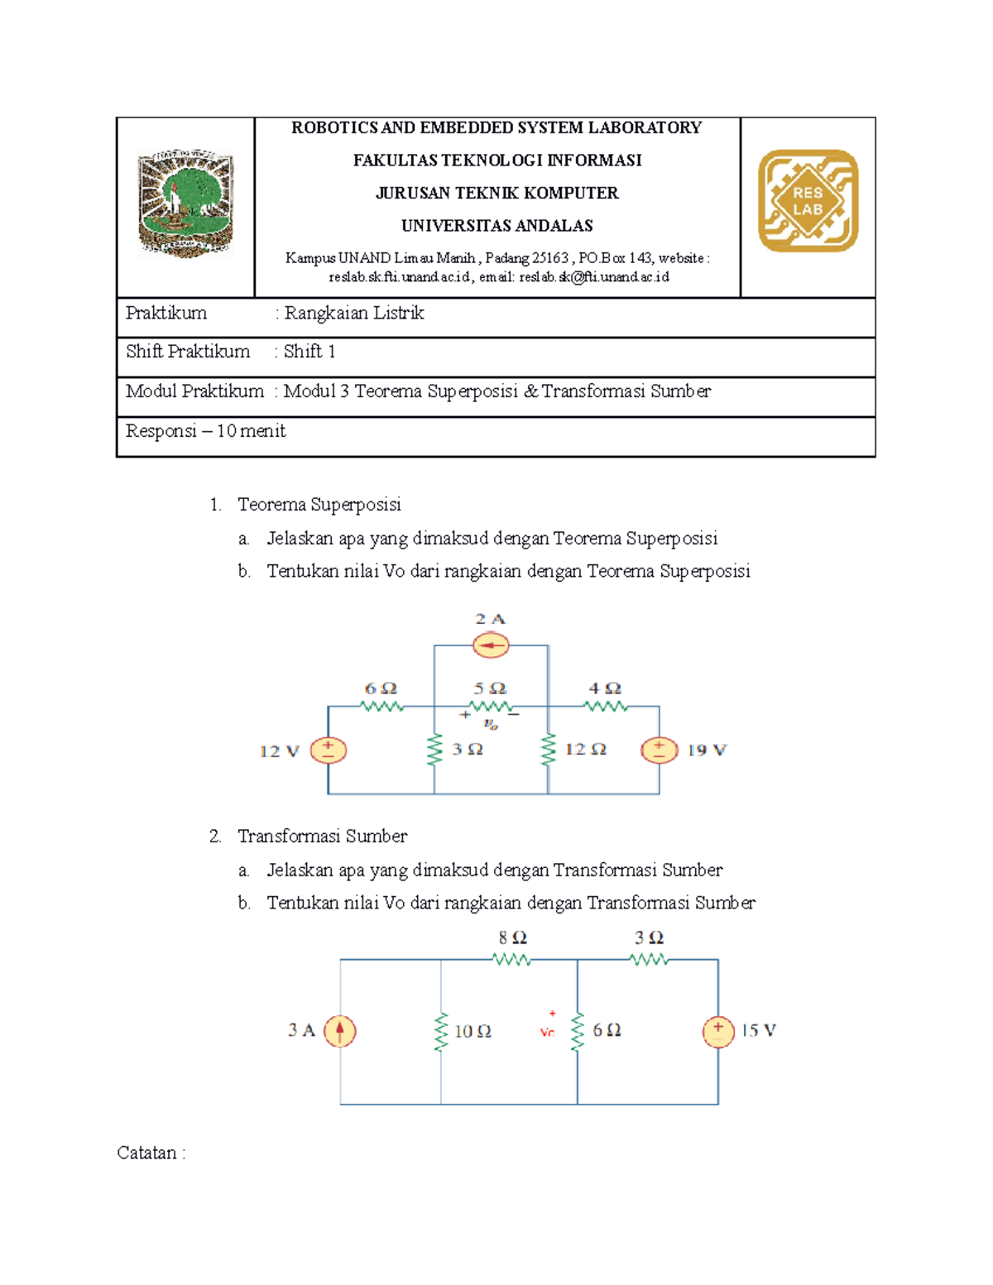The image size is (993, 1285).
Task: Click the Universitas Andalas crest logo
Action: pyautogui.click(x=186, y=204)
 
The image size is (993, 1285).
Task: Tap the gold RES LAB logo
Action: pyautogui.click(x=808, y=201)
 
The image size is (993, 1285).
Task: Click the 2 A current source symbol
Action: pyautogui.click(x=491, y=645)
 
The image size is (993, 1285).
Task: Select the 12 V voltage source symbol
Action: pyautogui.click(x=329, y=750)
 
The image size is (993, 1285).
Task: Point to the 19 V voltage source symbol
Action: pyautogui.click(x=660, y=750)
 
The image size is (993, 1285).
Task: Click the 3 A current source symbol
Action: pyautogui.click(x=340, y=1031)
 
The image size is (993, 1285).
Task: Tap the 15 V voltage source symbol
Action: pyautogui.click(x=718, y=1031)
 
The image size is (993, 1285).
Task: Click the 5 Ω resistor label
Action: pyautogui.click(x=490, y=688)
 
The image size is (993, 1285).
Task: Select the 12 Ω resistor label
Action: pyautogui.click(x=586, y=750)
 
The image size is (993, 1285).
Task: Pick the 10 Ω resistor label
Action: pyautogui.click(x=473, y=1032)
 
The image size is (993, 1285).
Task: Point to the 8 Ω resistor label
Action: pyautogui.click(x=512, y=938)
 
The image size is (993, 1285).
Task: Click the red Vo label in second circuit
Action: pyautogui.click(x=547, y=1033)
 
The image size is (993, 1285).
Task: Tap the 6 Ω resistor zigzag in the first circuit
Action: pyautogui.click(x=381, y=707)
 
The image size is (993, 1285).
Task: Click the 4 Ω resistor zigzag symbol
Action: pyautogui.click(x=606, y=707)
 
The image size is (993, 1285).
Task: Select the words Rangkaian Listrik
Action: pyautogui.click(x=354, y=313)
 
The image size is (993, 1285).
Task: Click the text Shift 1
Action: pyautogui.click(x=309, y=352)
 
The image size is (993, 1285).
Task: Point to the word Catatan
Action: pyautogui.click(x=147, y=1153)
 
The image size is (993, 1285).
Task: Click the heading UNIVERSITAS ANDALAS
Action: pyautogui.click(x=496, y=226)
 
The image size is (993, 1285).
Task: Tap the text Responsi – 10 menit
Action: pyautogui.click(x=206, y=431)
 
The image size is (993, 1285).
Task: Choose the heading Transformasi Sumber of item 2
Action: pyautogui.click(x=322, y=837)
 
